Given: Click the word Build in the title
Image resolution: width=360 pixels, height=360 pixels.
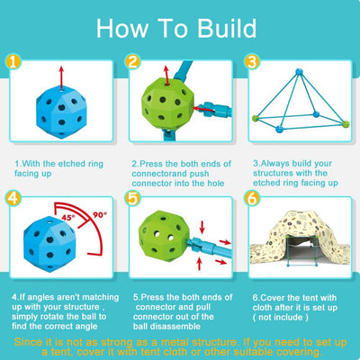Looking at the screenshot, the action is [227, 28].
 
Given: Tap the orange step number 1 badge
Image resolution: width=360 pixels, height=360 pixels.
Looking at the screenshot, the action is [13, 62].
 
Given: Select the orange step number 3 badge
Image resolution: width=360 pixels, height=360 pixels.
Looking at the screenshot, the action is [252, 61].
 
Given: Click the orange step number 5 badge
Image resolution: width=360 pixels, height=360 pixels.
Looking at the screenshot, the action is [133, 198].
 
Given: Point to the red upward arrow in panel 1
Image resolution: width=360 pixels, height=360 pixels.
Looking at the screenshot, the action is [61, 77].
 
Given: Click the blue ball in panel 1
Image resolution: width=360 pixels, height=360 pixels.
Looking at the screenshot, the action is [61, 112].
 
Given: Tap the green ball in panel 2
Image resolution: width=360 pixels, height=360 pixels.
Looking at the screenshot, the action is [167, 103].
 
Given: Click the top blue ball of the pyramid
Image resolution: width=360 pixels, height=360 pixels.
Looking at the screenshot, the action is [299, 72].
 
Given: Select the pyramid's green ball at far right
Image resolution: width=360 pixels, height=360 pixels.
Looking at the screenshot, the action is [346, 123].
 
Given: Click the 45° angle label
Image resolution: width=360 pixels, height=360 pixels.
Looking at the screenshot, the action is [68, 217].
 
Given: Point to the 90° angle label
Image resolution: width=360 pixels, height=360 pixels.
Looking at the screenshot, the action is [100, 215].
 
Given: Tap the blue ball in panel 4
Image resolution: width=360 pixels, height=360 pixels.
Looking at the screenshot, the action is [49, 243].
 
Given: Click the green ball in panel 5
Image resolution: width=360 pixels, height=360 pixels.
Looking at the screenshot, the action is [164, 236].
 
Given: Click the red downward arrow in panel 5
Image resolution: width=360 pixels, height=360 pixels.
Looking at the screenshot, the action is [202, 227].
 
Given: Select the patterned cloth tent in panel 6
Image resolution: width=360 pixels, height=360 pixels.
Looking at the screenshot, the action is [300, 238].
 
